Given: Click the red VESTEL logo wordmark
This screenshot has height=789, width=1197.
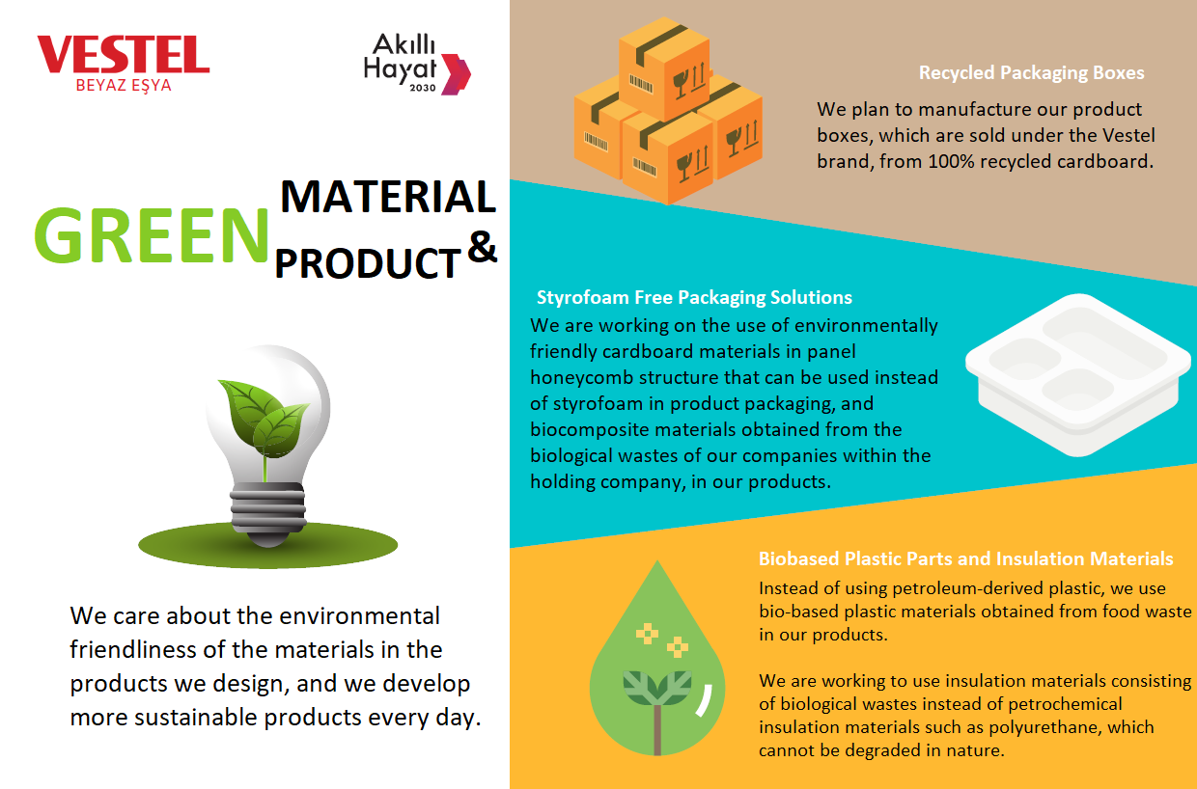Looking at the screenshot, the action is [x=124, y=54].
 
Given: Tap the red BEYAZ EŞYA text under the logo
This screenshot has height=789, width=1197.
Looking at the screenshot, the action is [x=124, y=86].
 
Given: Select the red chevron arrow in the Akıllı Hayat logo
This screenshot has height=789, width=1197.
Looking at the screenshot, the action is [x=456, y=74].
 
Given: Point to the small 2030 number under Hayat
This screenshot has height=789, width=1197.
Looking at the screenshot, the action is [x=423, y=88].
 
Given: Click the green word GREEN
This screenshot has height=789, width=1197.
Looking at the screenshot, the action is [x=152, y=235].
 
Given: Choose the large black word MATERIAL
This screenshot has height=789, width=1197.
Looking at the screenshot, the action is [x=388, y=196].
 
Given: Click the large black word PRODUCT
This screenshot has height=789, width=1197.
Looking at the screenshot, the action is [x=368, y=263].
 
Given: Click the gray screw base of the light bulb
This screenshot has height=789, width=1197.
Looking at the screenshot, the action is [x=267, y=513].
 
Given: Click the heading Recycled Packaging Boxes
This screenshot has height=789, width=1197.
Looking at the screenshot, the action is [x=1031, y=72].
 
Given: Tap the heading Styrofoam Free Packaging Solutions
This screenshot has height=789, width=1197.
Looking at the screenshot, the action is [x=694, y=297].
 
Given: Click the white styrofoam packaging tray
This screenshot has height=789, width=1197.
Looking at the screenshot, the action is [x=1078, y=375].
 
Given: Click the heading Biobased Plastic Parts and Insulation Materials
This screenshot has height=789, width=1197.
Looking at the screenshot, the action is [x=965, y=558].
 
